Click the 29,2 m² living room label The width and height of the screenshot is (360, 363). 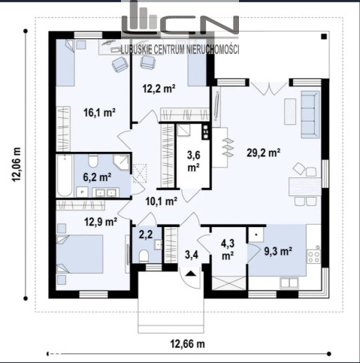click(x=263, y=153)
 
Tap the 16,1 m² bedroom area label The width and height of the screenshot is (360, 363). click(x=99, y=113)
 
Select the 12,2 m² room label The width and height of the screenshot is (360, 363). click(x=159, y=89)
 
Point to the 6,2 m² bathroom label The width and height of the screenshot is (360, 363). click(x=97, y=177)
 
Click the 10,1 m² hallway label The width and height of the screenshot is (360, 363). click(x=162, y=201)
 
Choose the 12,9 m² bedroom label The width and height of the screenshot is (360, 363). click(x=101, y=222)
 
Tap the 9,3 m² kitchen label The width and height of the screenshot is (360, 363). click(x=278, y=251)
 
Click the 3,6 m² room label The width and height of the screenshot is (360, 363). click(x=194, y=161)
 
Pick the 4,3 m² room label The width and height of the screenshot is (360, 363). click(x=228, y=250)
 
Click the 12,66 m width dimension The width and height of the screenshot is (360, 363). click(x=188, y=344)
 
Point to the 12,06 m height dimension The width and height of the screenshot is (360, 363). click(x=17, y=165)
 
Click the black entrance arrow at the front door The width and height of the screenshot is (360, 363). click(x=191, y=274)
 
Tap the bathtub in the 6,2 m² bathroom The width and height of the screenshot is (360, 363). click(x=65, y=176)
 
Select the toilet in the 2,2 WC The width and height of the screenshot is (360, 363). click(x=144, y=256)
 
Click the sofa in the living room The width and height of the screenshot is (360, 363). click(x=310, y=114)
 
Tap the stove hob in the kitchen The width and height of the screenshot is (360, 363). click(x=314, y=256)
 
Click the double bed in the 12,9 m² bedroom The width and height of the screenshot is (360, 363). click(x=80, y=254)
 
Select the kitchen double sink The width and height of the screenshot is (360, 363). click(x=289, y=283)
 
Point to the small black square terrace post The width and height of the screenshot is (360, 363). click(x=324, y=37)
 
